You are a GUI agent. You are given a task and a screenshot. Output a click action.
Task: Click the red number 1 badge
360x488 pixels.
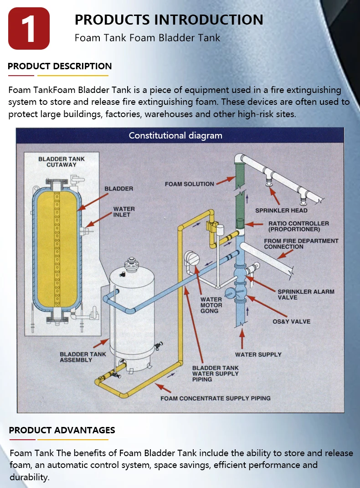click(29, 28)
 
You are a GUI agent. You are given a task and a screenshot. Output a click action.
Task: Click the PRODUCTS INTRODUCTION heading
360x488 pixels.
click(169, 20)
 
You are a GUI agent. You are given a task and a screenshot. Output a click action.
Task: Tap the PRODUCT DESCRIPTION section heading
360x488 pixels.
click(60, 66)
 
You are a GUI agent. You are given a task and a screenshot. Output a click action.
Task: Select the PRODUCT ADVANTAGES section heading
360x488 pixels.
click(62, 430)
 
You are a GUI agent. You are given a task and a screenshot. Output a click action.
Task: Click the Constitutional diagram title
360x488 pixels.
click(175, 135)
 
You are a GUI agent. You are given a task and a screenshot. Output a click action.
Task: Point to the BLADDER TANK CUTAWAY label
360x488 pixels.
click(61, 162)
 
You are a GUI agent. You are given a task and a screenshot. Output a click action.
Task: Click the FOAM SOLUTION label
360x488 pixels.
click(189, 184)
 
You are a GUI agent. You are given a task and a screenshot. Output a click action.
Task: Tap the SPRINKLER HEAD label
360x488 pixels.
click(281, 211)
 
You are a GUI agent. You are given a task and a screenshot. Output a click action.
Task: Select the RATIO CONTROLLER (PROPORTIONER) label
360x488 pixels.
click(298, 226)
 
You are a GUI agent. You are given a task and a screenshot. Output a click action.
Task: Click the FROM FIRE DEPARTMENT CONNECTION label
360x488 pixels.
click(301, 244)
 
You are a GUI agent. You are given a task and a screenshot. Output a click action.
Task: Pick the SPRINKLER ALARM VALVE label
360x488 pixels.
click(306, 294)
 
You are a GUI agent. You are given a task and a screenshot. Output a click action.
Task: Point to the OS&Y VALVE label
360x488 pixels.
click(291, 321)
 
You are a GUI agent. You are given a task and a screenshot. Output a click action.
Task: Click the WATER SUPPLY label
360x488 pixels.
click(258, 354)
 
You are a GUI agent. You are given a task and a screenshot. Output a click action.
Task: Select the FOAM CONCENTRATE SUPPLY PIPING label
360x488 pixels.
click(215, 398)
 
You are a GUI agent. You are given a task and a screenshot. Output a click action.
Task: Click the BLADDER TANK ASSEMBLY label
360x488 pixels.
click(82, 357)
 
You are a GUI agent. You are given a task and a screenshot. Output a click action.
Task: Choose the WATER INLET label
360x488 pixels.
click(123, 212)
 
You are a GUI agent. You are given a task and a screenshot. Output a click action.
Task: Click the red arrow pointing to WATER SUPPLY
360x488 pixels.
click(242, 338)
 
